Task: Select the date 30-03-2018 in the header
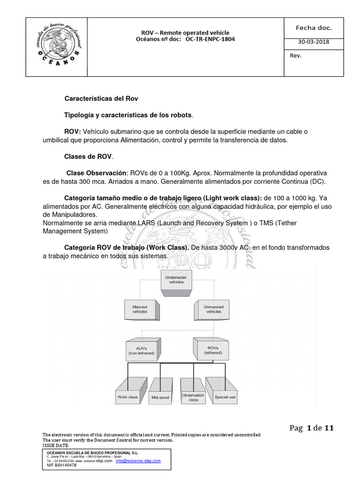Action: coord(314,42)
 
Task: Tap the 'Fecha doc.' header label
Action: coord(314,28)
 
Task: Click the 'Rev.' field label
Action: coord(296,55)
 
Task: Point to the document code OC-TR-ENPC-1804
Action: coord(210,39)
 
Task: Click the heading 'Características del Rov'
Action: coord(101,99)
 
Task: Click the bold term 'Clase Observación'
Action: coord(97,172)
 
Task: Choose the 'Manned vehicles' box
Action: coord(140,309)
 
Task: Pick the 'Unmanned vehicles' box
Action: coord(214,309)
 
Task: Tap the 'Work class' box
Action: coord(127,397)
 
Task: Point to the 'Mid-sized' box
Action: coord(160,397)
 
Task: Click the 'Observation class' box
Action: coord(193,397)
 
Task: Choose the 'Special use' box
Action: coord(225,397)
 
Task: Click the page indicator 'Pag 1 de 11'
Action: coord(311,427)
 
